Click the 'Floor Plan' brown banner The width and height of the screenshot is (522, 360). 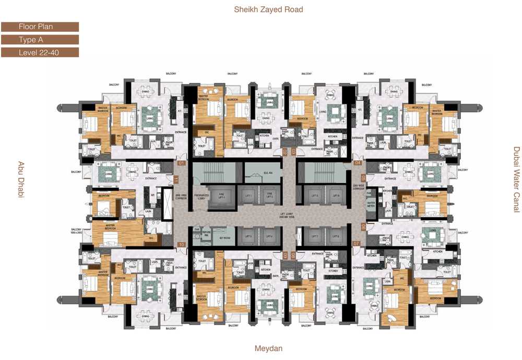pyautogui.click(x=40, y=27)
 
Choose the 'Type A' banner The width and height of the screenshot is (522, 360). pyautogui.click(x=40, y=40)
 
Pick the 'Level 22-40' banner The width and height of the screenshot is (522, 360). pyautogui.click(x=40, y=53)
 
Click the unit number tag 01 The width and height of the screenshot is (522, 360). pyautogui.click(x=182, y=163)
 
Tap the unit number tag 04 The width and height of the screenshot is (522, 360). pyautogui.click(x=358, y=163)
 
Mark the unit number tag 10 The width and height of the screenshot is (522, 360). pyautogui.click(x=182, y=244)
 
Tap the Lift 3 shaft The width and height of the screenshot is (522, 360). pyautogui.click(x=247, y=236)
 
